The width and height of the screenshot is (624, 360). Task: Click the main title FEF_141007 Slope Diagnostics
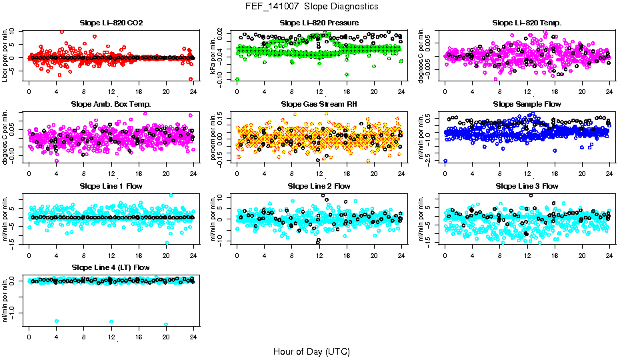coord(311,7)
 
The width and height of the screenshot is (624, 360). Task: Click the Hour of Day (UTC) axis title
coord(311,351)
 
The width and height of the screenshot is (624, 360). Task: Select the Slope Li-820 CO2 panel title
coord(111,23)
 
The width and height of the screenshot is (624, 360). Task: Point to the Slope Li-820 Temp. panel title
coord(527,23)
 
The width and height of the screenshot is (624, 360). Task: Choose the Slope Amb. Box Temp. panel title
coord(111,105)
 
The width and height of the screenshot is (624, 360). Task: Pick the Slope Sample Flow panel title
coord(527,105)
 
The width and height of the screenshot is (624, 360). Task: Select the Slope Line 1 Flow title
coord(111,186)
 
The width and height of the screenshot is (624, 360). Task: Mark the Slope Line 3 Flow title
coord(527,186)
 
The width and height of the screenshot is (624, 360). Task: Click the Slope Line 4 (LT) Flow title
coord(111,267)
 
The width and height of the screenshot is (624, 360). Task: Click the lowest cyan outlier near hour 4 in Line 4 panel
coord(57,321)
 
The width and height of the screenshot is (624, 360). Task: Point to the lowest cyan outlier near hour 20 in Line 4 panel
coord(166,325)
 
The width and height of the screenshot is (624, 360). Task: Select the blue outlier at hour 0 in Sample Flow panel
coord(445,161)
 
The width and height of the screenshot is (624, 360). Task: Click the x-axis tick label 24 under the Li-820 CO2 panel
coord(193,92)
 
